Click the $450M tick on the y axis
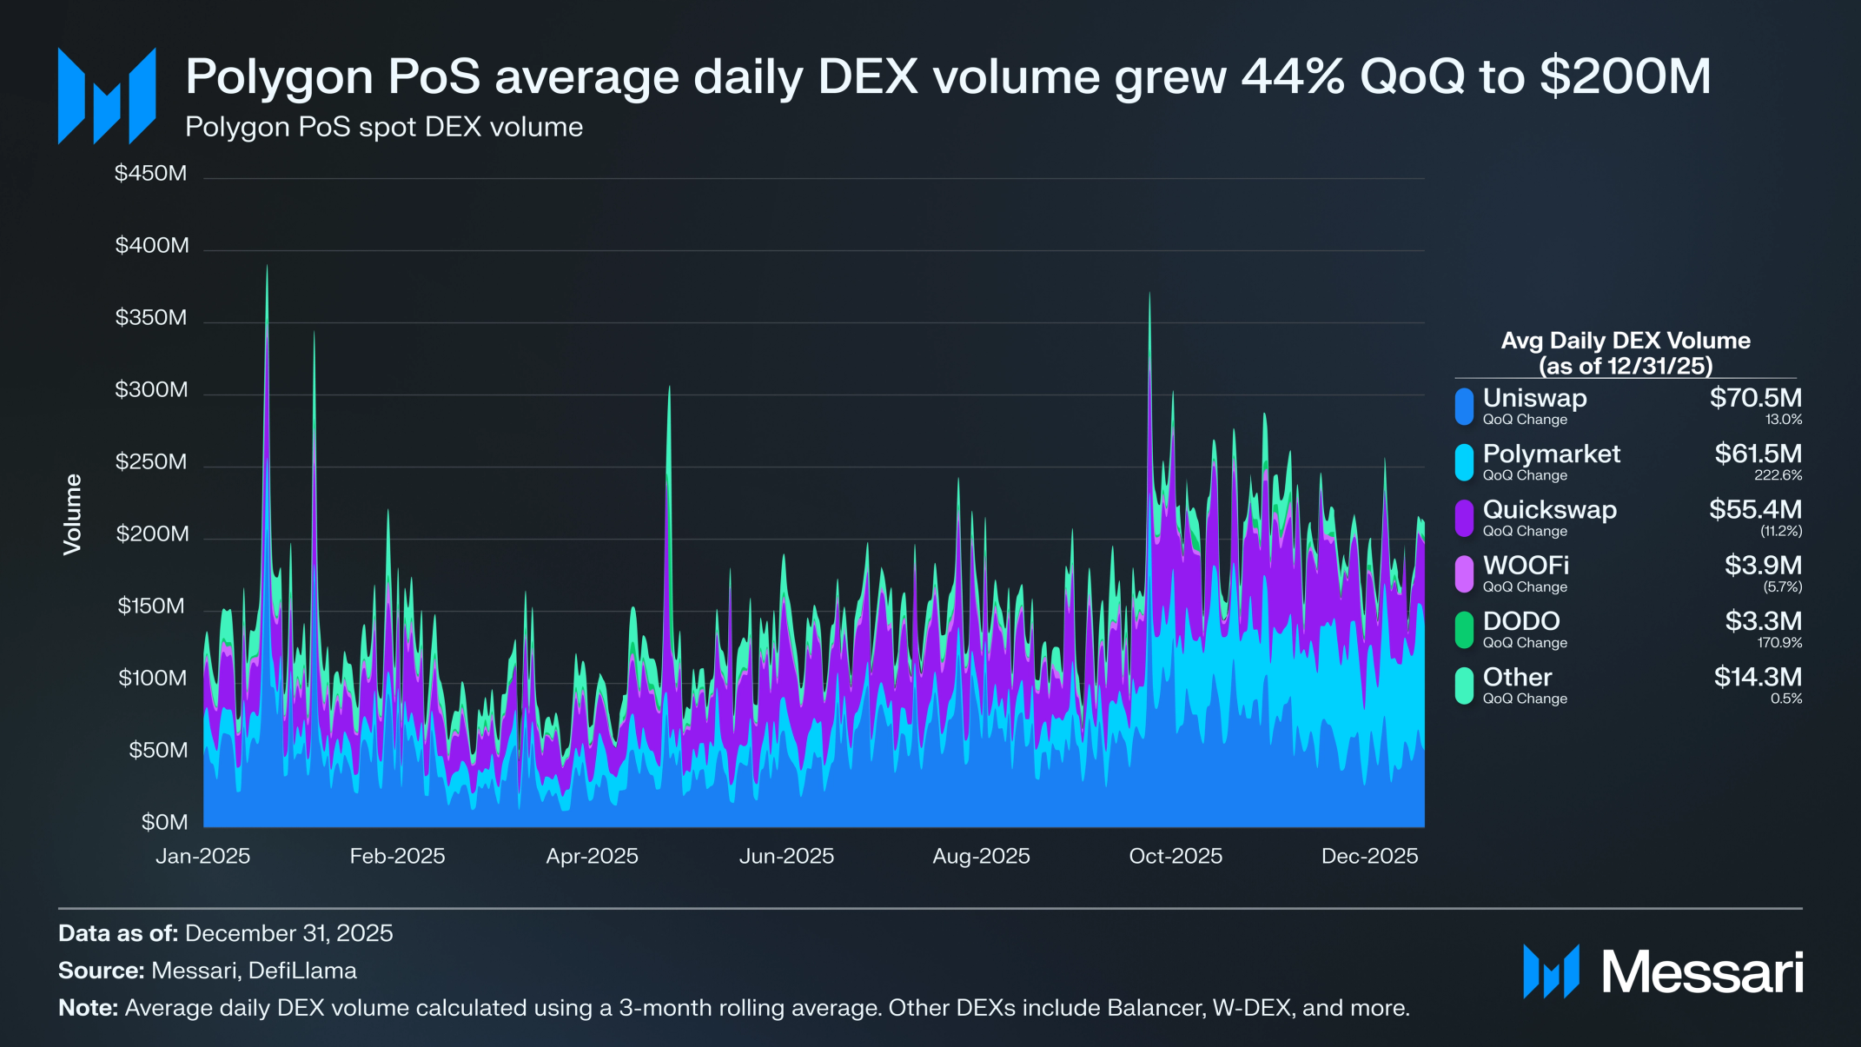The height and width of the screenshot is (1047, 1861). [151, 174]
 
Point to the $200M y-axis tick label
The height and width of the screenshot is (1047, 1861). [152, 533]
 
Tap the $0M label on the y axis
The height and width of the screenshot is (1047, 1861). [164, 822]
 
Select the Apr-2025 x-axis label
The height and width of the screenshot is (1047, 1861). [592, 857]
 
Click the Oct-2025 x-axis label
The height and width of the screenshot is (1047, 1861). [1176, 857]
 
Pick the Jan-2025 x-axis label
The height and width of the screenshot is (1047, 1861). [203, 857]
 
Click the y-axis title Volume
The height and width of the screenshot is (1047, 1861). [72, 514]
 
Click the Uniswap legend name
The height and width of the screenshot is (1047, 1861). [1534, 398]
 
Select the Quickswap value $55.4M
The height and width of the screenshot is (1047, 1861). [1755, 509]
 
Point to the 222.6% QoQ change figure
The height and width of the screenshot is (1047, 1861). [1778, 475]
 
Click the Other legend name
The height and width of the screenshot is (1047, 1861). [1517, 677]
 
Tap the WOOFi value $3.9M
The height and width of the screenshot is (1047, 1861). [1763, 565]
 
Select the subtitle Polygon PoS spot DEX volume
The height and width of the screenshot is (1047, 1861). [384, 128]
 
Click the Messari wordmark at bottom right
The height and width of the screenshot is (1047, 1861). [1702, 972]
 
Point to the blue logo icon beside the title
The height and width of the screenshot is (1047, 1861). [107, 96]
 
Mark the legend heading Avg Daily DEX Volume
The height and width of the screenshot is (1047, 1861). [1626, 341]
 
